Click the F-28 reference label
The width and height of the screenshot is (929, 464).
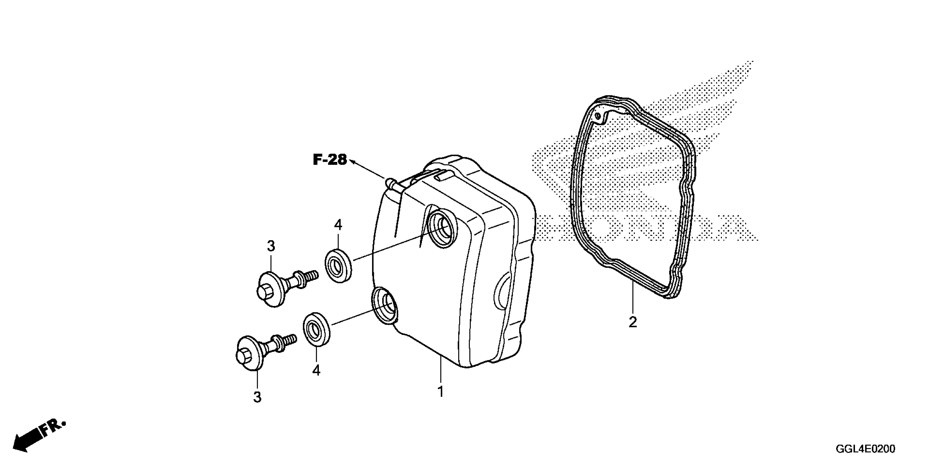(330, 160)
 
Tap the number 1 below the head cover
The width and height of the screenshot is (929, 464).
(440, 392)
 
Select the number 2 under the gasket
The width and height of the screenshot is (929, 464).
(633, 322)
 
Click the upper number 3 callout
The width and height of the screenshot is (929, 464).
(271, 246)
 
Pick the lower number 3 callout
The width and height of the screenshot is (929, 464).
(257, 397)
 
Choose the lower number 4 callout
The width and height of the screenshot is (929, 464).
(316, 370)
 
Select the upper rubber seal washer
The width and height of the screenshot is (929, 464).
(339, 266)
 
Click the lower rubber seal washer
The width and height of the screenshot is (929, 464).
(317, 329)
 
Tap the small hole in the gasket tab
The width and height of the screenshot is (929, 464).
(598, 116)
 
